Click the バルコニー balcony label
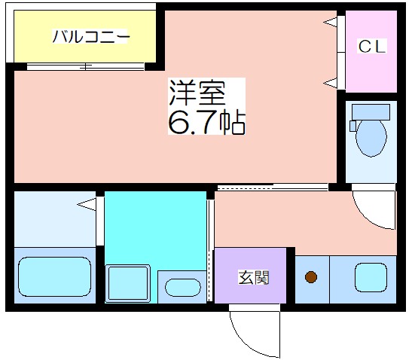pos(91,36)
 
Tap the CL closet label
pos(372,47)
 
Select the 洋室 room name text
pos(197,92)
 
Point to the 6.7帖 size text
pos(207,122)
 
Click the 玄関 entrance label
pos(254,278)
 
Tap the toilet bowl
pos(371,139)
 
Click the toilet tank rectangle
pos(371,112)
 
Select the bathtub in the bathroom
pos(55,276)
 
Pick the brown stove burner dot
pos(311,277)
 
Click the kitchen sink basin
pos(371,278)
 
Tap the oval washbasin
pos(183,288)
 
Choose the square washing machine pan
pos(128,283)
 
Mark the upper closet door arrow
pos(331,22)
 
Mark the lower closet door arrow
pos(331,83)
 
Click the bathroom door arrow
pos(87,204)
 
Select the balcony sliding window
pos(86,67)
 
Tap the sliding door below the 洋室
pos(273,187)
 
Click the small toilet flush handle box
pos(352,126)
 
